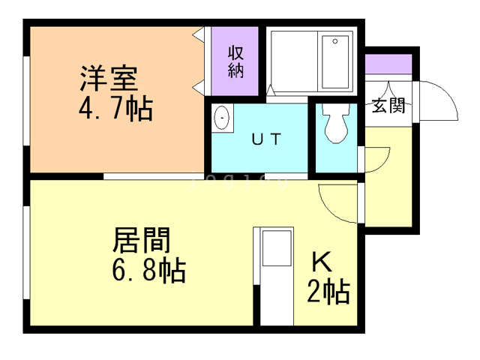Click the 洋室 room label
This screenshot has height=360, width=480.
click(109, 78)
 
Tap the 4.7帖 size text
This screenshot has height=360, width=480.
click(115, 109)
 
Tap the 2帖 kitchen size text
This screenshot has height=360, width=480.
click(328, 291)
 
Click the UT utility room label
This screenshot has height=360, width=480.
click(265, 139)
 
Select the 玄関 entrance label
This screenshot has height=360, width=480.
click(388, 106)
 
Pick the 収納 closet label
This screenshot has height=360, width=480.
click(235, 62)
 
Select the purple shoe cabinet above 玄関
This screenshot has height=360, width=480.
click(388, 64)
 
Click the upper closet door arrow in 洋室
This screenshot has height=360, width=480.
click(199, 34)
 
